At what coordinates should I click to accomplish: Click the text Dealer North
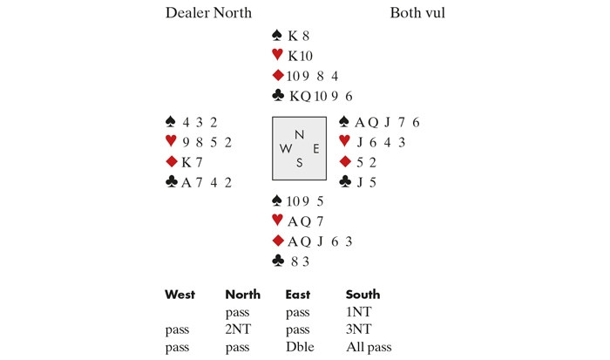pos(208,13)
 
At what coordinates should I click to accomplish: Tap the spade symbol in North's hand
pos(278,36)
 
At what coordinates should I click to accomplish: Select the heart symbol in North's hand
pos(278,55)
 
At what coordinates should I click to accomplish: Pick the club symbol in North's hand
pos(278,95)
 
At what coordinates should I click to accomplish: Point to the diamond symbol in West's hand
pos(172,161)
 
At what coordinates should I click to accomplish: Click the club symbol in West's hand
pos(172,181)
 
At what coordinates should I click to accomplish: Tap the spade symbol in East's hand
pos(344,122)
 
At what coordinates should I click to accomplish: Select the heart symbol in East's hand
pos(344,141)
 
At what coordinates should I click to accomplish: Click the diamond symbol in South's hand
pos(278,240)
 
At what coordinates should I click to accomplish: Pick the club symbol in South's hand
pos(278,260)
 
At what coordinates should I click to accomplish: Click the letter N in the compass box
pos(300,134)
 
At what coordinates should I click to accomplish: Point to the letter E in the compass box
pos(315,148)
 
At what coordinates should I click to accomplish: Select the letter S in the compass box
pos(300,161)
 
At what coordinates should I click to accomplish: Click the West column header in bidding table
pos(180,295)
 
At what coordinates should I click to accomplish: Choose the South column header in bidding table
pos(363,295)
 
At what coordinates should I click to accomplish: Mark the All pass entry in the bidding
pos(368,347)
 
